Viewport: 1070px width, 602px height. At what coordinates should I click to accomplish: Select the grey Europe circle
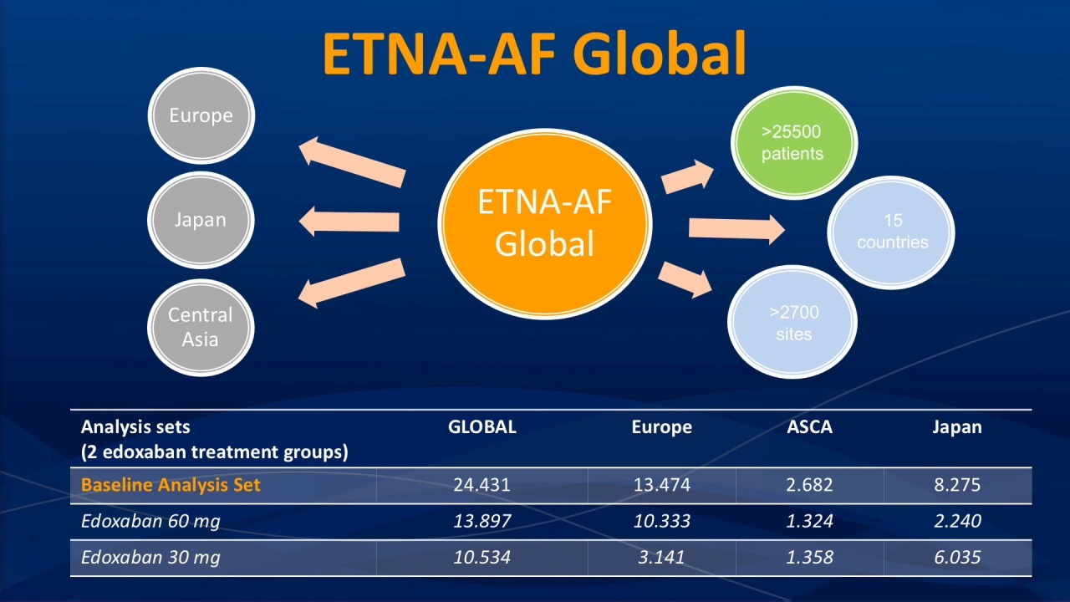pyautogui.click(x=201, y=115)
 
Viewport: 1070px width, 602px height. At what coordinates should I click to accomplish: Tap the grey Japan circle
pyautogui.click(x=201, y=220)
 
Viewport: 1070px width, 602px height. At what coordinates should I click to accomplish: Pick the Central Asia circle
pyautogui.click(x=201, y=328)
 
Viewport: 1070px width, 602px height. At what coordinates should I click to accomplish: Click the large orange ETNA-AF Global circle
pyautogui.click(x=545, y=223)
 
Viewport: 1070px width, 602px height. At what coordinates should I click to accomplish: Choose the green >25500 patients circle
pyautogui.click(x=794, y=142)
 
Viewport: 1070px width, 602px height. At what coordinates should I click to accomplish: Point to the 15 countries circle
pyautogui.click(x=891, y=232)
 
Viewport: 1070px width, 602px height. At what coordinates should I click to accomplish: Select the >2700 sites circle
pyautogui.click(x=792, y=322)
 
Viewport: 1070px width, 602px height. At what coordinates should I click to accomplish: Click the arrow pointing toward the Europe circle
pyautogui.click(x=352, y=162)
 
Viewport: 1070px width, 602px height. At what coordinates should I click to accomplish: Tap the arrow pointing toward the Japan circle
pyautogui.click(x=349, y=222)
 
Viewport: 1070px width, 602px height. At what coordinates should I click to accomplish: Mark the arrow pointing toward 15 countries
pyautogui.click(x=736, y=229)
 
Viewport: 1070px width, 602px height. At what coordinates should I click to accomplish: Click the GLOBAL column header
pyautogui.click(x=482, y=426)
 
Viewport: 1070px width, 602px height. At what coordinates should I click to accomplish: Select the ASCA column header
pyautogui.click(x=810, y=426)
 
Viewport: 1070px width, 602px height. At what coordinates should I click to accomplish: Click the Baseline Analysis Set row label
pyautogui.click(x=171, y=485)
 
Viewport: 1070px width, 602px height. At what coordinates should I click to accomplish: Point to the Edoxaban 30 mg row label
pyautogui.click(x=150, y=557)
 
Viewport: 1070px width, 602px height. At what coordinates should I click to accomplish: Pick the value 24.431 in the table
pyautogui.click(x=482, y=485)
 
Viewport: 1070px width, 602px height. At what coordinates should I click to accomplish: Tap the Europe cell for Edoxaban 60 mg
pyautogui.click(x=661, y=521)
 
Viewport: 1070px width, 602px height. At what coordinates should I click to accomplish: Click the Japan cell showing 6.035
pyautogui.click(x=957, y=557)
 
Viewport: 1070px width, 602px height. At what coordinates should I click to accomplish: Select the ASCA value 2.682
pyautogui.click(x=810, y=485)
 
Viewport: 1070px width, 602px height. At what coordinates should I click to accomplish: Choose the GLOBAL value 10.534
pyautogui.click(x=482, y=557)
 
